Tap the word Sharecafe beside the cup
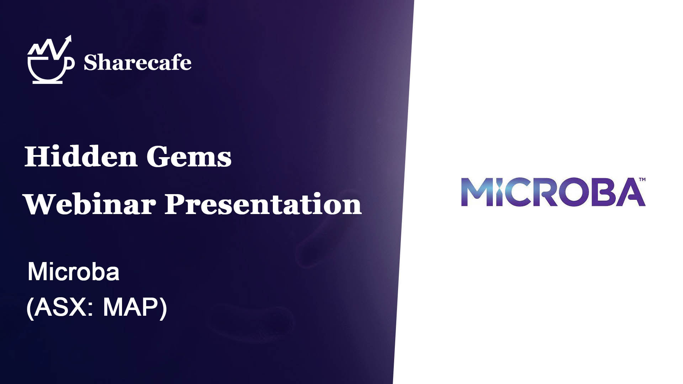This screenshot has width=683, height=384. pyautogui.click(x=138, y=63)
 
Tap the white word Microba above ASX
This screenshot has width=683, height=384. pyautogui.click(x=74, y=272)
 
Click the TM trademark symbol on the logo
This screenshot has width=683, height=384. pyautogui.click(x=642, y=180)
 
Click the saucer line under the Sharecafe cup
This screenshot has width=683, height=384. pyautogui.click(x=48, y=82)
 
